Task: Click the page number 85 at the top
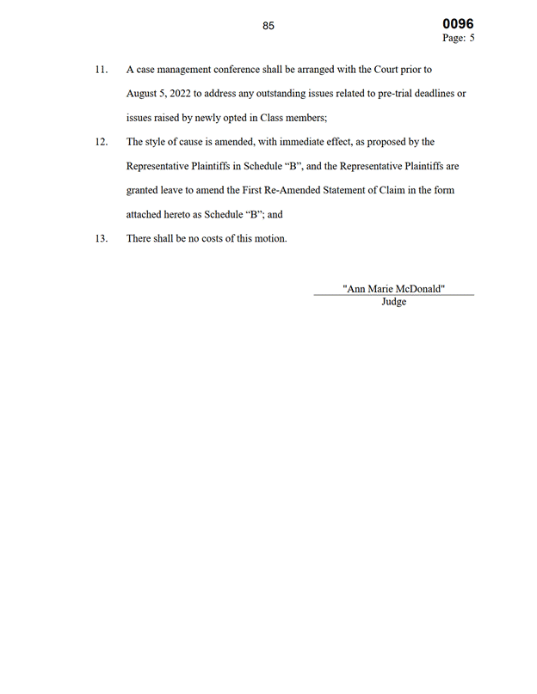[x=268, y=26]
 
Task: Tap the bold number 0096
[x=458, y=24]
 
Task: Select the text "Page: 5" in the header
[x=459, y=39]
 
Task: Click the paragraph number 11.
[x=102, y=69]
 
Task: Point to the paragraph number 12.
[x=102, y=142]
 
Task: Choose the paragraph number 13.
[x=102, y=238]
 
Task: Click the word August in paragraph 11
[x=144, y=93]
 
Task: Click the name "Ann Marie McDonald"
[x=393, y=289]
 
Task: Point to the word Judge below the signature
[x=393, y=302]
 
